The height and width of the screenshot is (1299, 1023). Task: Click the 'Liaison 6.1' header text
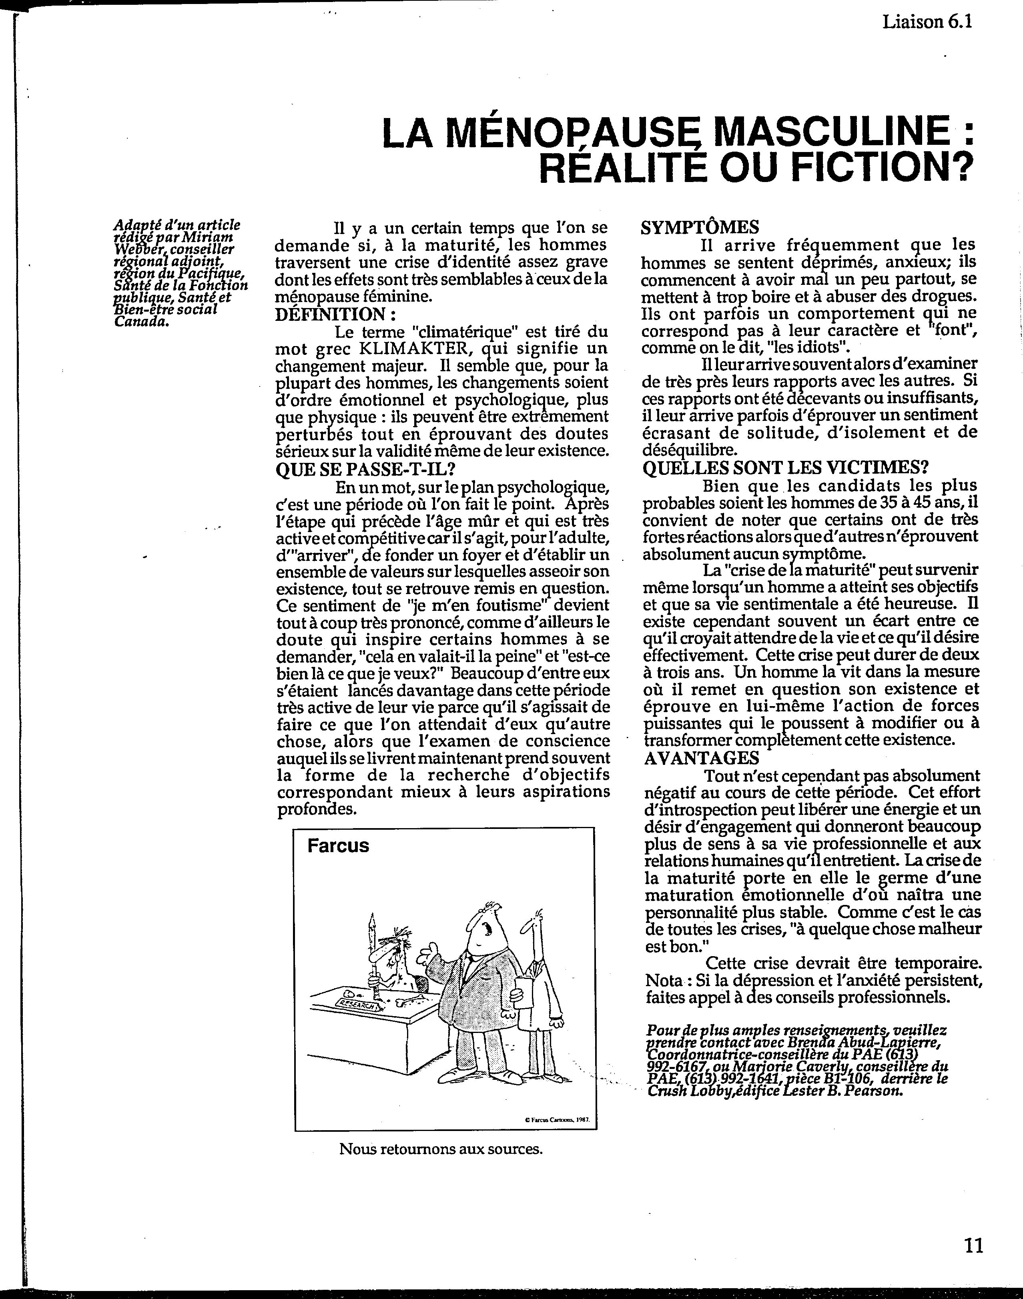click(x=927, y=22)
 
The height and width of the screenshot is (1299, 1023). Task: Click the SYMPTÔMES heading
click(x=700, y=228)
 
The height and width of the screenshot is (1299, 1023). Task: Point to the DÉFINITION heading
click(x=335, y=314)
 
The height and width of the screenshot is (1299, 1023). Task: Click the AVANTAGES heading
click(x=701, y=758)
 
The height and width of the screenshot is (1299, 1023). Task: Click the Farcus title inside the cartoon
click(x=338, y=846)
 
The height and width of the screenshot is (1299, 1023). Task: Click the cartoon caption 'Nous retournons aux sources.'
click(x=441, y=1149)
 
